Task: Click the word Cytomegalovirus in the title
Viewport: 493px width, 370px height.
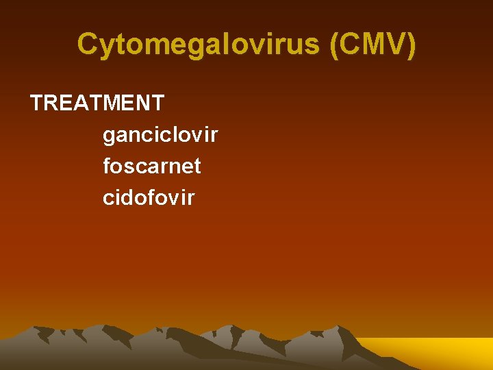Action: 199,45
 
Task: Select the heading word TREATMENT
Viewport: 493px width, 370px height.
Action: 97,103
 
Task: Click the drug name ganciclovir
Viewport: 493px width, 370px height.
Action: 160,135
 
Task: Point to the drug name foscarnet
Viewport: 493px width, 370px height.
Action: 152,166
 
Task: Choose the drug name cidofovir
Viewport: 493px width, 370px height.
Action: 149,197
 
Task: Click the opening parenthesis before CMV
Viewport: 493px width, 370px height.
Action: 334,45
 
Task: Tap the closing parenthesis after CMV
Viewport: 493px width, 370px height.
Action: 410,45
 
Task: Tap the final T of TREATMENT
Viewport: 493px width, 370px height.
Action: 157,103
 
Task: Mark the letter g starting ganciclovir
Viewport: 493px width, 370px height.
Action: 110,136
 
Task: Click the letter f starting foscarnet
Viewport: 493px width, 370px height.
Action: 107,166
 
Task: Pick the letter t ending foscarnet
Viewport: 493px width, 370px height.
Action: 197,166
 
